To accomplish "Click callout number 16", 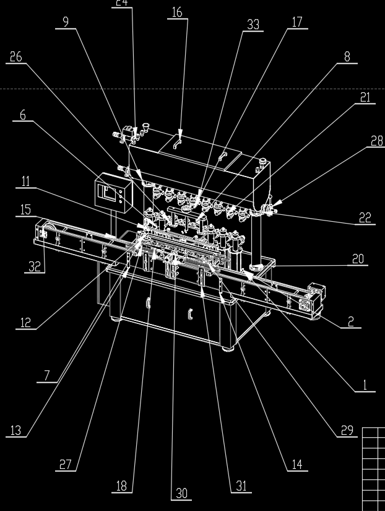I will [177, 12].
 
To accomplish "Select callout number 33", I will [253, 25].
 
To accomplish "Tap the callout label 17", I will [297, 22].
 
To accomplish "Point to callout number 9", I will [66, 22].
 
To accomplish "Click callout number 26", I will [16, 57].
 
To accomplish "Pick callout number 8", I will [347, 56].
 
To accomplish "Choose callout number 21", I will [365, 97].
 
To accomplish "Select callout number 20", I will [358, 259].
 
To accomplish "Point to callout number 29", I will [348, 430].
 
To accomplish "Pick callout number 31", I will [241, 486].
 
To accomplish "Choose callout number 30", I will [181, 493].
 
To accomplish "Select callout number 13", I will [17, 430].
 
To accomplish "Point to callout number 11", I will [25, 181].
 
